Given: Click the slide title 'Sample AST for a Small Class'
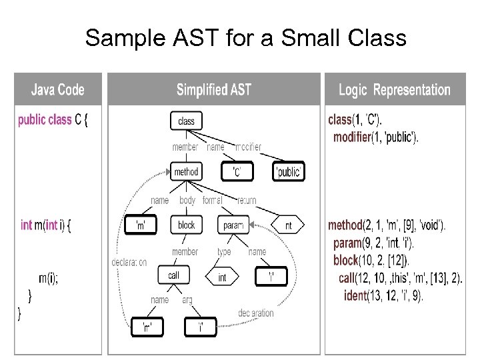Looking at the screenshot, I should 245,38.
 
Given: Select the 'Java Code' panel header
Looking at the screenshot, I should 58,89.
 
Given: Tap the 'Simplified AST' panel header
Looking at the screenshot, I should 213,89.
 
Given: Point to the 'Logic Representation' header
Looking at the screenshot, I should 395,89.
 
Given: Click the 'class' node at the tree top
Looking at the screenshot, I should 187,121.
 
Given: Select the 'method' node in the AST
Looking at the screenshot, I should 186,172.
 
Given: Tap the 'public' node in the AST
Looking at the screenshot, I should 289,172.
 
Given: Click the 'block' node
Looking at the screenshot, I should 187,225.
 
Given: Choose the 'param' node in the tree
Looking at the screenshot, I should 233,225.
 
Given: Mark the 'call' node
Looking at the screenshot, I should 173,275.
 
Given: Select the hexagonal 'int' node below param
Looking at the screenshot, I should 222,277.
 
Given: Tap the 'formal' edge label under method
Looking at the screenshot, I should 213,200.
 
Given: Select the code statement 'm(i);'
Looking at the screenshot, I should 48,279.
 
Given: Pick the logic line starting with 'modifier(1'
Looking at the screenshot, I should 376,137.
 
